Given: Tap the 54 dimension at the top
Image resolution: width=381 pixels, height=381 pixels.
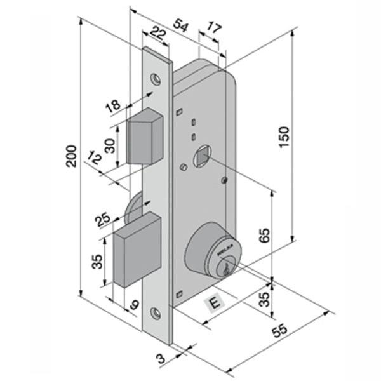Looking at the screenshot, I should coord(182,25).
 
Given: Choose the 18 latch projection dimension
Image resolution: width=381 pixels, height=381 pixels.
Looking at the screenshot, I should coord(112,106).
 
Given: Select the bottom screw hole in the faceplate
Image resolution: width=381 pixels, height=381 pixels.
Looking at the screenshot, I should coord(155,312).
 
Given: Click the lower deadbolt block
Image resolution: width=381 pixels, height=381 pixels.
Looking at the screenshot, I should coord(135,250).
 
